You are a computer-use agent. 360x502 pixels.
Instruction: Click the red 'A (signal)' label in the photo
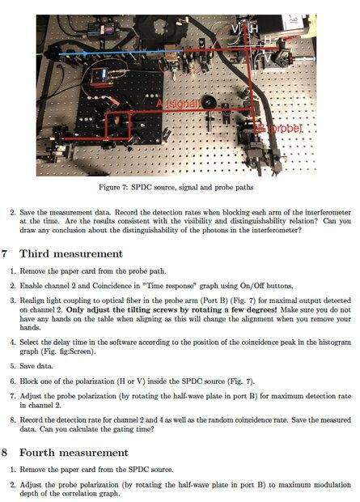pos(178,104)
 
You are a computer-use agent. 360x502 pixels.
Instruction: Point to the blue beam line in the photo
pos(121,53)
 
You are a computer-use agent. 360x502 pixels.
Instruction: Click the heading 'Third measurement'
pos(71,253)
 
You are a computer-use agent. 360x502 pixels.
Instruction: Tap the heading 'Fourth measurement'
pos(74,453)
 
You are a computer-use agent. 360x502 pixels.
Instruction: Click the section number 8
pos(5,453)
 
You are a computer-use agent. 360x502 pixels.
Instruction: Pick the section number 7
pos(5,253)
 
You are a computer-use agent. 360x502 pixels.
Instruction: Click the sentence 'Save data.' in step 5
pos(36,366)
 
